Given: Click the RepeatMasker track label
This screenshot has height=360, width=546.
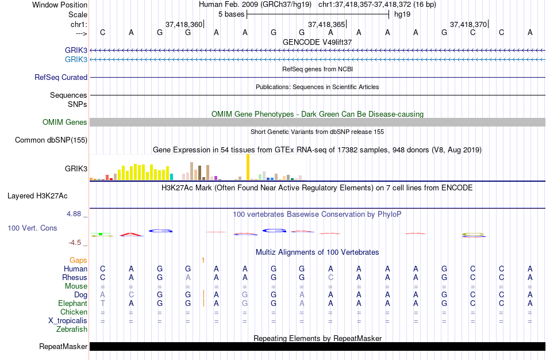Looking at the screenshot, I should (x=63, y=347).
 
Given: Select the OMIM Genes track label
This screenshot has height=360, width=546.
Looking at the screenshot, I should (x=65, y=122).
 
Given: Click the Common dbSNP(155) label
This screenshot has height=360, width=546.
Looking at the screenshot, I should (x=51, y=140).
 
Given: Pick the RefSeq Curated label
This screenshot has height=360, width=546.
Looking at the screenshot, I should (x=61, y=77).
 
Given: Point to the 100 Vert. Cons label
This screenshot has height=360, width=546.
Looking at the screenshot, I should (x=32, y=228).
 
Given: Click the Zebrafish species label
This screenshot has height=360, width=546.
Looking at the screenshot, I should (x=72, y=330).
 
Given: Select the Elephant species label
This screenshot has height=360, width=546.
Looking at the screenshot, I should (x=72, y=304).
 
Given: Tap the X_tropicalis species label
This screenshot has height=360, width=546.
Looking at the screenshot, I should (x=67, y=321).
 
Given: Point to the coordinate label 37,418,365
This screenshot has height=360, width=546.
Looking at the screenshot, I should (x=326, y=25).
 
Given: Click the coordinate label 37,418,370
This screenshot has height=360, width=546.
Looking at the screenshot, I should (x=468, y=25).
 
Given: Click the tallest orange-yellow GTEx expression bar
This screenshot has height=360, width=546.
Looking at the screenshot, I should (x=248, y=167).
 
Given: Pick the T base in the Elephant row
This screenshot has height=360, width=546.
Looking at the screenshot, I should (x=103, y=304).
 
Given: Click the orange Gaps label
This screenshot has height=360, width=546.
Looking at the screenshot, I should (x=78, y=261).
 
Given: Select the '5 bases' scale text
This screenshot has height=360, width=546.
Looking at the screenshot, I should (x=231, y=14).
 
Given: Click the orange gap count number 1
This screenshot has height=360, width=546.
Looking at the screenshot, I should (x=203, y=261).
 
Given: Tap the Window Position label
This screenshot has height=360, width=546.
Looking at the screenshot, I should (x=56, y=5).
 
